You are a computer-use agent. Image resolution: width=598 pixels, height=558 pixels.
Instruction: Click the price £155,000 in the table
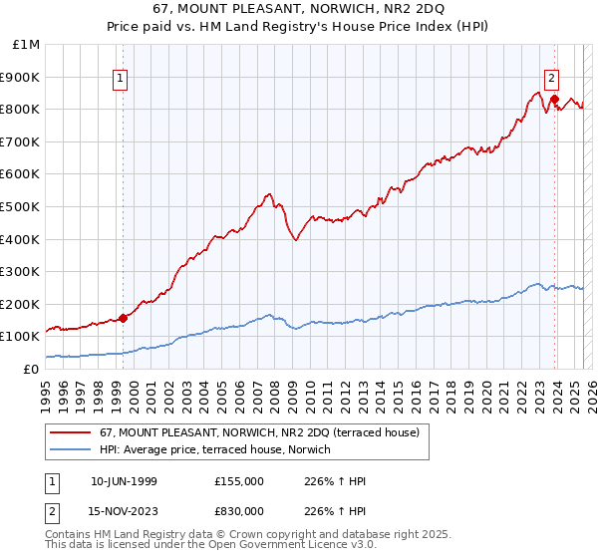[238, 481]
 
